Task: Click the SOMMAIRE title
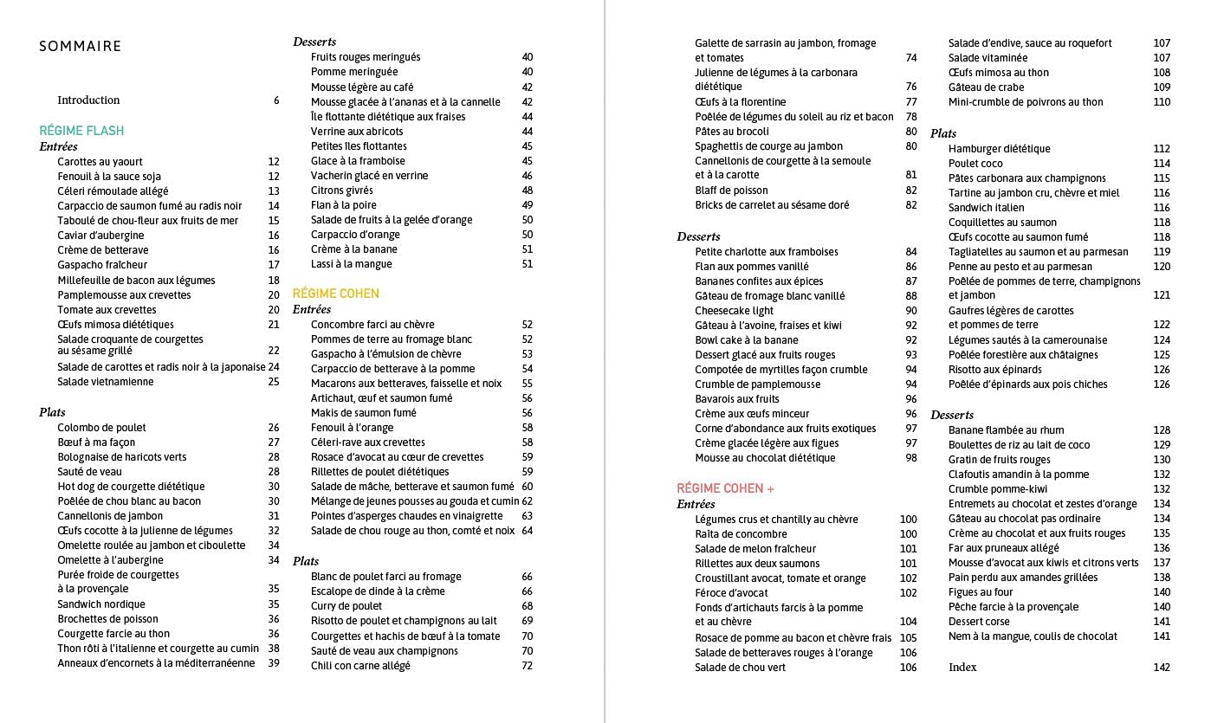point(81,47)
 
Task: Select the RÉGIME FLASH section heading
point(81,131)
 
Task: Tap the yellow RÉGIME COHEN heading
point(336,294)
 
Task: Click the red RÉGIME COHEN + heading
point(726,488)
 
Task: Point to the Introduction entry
point(88,100)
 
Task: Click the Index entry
point(962,667)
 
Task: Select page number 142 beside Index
point(1161,667)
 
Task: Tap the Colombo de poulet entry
point(101,428)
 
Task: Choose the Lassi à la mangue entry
point(352,264)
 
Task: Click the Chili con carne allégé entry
point(360,666)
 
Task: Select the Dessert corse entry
point(979,622)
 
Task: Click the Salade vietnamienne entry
point(106,382)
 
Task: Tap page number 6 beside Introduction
point(276,100)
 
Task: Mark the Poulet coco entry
point(975,164)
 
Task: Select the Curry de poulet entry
point(346,606)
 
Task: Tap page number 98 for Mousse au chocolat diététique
point(911,458)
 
